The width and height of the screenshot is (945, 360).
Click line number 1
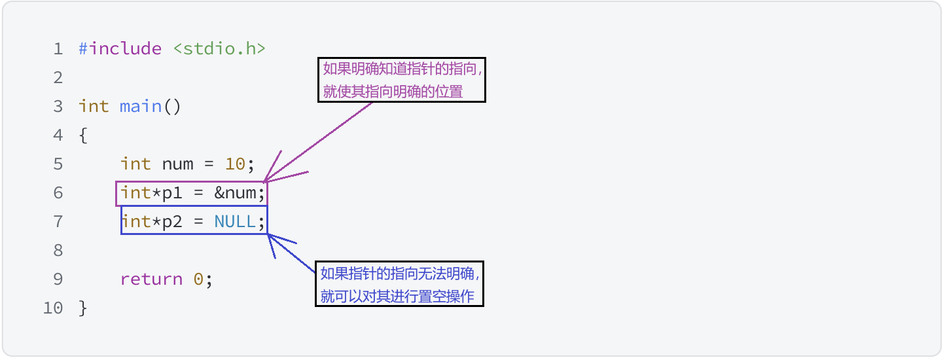point(58,49)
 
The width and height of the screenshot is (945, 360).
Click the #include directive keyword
point(120,49)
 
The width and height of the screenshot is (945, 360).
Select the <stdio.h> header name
point(219,49)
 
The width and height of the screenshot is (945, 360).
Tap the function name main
point(140,107)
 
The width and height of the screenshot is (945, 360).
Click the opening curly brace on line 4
point(82,135)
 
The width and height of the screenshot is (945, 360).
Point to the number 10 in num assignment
point(235,164)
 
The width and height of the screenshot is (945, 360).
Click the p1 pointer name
point(172,193)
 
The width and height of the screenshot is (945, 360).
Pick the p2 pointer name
point(172,222)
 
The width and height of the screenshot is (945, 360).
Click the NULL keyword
point(235,222)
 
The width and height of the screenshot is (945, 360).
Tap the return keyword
point(151,279)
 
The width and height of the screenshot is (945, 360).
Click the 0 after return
point(198,279)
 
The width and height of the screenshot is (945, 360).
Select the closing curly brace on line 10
point(82,308)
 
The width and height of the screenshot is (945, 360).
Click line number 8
point(58,251)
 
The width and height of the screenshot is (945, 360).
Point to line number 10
point(53,308)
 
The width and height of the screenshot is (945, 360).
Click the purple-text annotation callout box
point(402,79)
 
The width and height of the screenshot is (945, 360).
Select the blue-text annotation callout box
point(399,284)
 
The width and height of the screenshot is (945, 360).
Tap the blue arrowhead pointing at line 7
point(270,236)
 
